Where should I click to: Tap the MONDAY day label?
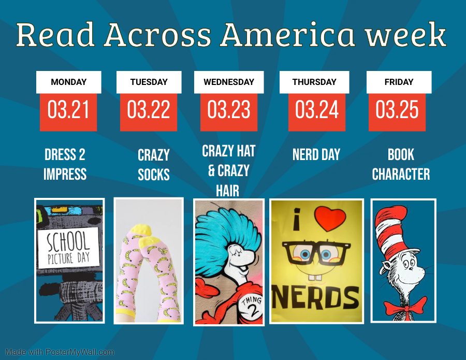coord(69,82)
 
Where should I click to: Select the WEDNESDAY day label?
coord(229,82)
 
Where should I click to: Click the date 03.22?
coord(148,109)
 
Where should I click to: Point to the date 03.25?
coord(397,109)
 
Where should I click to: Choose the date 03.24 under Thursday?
coord(316,109)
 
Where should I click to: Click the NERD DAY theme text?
coord(316,154)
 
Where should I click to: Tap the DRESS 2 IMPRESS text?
coord(65,164)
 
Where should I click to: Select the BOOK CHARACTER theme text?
coord(401,164)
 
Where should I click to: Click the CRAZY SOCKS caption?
coord(154,165)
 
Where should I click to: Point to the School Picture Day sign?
coord(68,248)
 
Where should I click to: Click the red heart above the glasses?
coord(330,219)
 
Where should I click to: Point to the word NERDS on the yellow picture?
coord(316,297)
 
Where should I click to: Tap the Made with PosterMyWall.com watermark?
coord(60,352)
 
